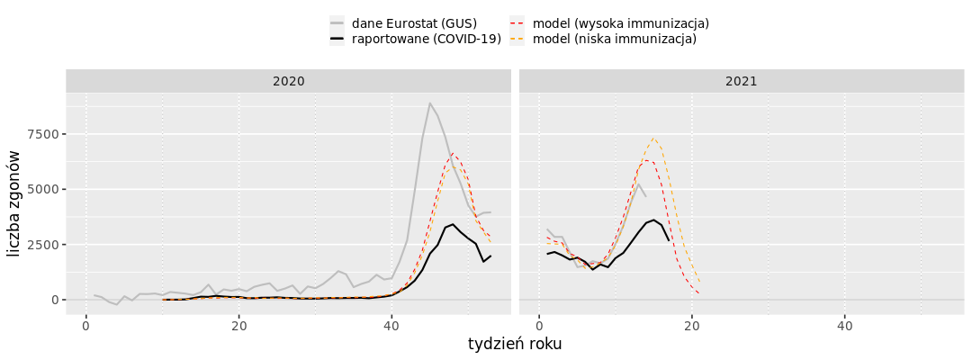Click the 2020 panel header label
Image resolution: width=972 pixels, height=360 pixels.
coord(289,81)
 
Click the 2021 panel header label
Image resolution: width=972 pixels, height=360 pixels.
coord(742,81)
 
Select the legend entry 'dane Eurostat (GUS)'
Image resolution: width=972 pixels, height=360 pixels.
coord(414,22)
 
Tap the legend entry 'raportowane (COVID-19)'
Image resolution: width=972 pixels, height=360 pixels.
coord(427,39)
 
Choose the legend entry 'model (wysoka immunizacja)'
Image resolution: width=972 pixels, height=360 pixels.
coord(620,22)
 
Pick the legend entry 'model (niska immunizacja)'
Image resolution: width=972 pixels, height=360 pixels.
coord(615,39)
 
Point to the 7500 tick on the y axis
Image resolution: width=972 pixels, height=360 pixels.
coord(40,134)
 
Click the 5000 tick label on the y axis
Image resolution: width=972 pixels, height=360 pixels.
coord(40,189)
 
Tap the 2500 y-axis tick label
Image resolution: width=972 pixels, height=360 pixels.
coord(40,245)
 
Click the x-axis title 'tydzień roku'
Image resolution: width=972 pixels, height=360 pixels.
coord(515,344)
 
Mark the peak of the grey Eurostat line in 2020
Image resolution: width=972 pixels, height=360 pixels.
coord(430,103)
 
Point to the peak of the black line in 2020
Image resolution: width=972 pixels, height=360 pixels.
coord(453,225)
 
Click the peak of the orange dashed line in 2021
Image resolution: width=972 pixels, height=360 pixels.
coord(653,139)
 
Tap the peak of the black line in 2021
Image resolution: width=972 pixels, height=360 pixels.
coord(653,219)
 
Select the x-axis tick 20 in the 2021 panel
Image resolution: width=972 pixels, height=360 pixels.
coord(692,324)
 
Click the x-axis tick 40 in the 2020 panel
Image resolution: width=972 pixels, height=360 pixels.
coord(391,324)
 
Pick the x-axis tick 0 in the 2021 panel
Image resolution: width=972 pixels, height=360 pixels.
coord(539,324)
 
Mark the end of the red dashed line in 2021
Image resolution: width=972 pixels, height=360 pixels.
coord(699,293)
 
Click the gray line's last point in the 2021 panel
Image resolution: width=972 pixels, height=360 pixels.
coord(645,196)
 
